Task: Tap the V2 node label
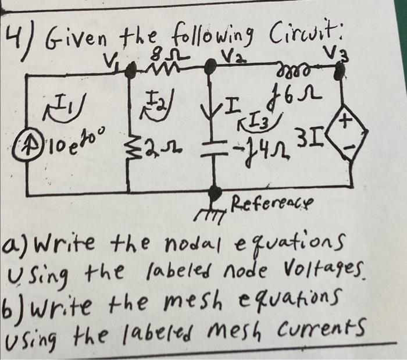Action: coord(229,56)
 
